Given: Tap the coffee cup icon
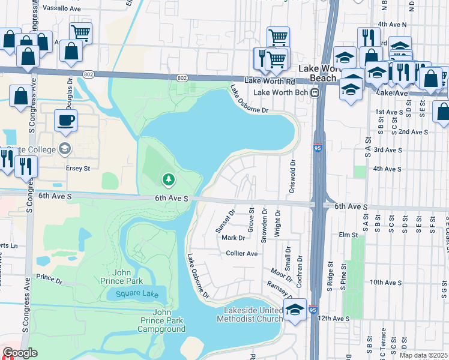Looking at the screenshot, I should click(x=67, y=121).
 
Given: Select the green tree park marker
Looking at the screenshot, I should click(x=169, y=179).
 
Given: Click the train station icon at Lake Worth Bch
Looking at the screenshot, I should click(x=314, y=92).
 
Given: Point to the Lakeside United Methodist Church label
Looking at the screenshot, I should click(x=253, y=314).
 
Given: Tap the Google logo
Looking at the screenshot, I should click(x=20, y=353).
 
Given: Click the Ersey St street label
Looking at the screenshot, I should click(x=78, y=169).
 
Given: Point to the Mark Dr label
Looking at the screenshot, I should click(x=233, y=238).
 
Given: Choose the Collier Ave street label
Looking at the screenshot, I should click(x=241, y=254).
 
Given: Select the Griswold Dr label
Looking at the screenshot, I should click(x=293, y=171).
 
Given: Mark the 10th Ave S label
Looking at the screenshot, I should click(x=385, y=282).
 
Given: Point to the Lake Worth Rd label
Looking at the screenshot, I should click(x=270, y=80).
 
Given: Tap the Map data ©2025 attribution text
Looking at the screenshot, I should click(x=424, y=355).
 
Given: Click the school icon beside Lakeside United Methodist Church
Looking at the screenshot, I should click(x=295, y=310).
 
